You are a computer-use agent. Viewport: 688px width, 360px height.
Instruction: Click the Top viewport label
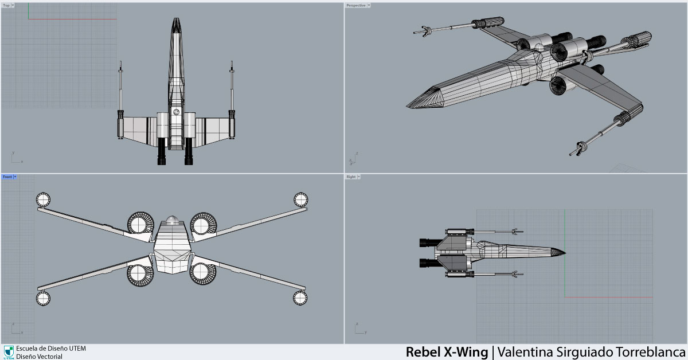click(6, 5)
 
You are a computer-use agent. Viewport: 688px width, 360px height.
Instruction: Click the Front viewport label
click(7, 177)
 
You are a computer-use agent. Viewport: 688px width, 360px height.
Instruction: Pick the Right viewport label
click(351, 177)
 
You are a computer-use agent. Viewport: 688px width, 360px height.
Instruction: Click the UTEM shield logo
click(9, 351)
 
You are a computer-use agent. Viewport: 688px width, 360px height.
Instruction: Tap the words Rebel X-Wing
click(447, 351)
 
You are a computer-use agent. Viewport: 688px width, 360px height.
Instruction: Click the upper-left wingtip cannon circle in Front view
click(43, 199)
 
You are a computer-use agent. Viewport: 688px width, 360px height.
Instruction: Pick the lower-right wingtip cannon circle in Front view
click(300, 298)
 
